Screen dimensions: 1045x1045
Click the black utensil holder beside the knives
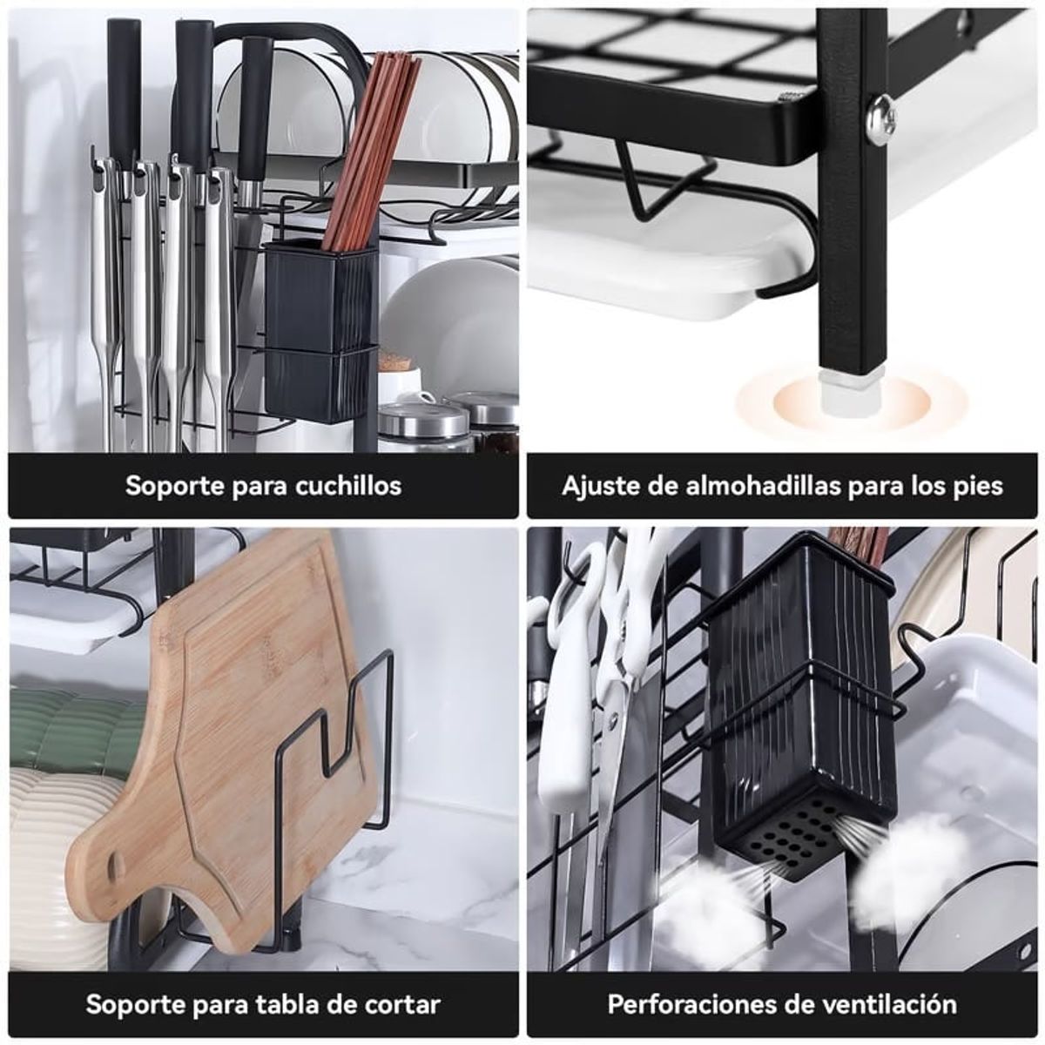[x=320, y=331]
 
